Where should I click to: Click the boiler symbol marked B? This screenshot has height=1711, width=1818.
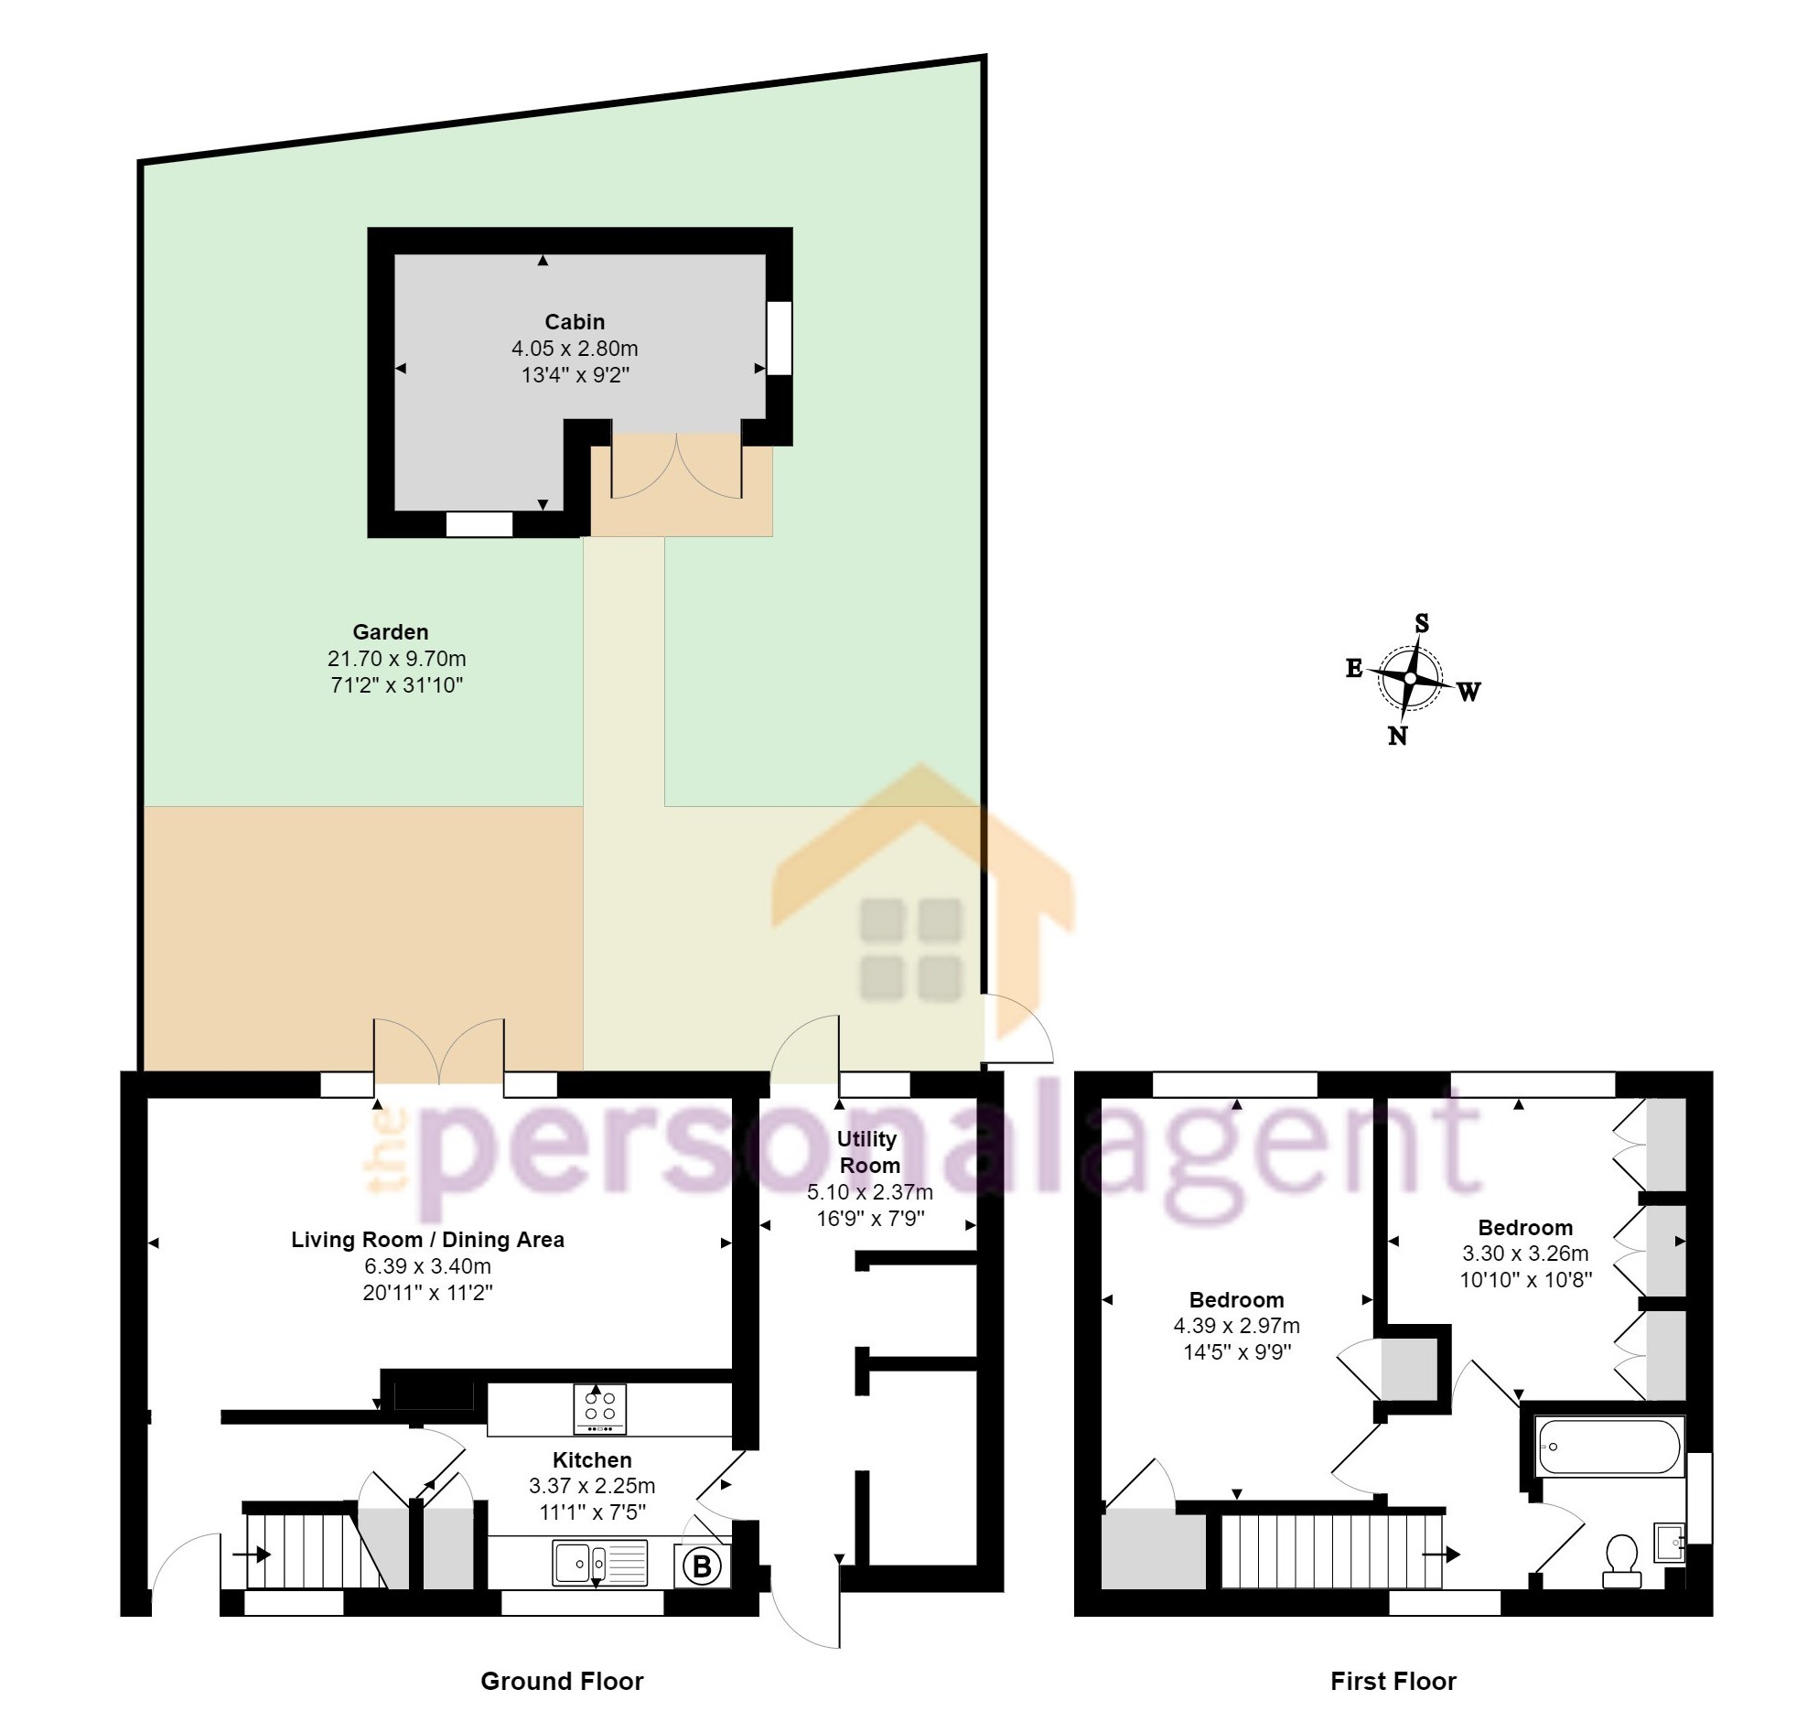tap(703, 1566)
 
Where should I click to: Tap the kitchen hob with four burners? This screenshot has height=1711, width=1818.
tap(600, 1409)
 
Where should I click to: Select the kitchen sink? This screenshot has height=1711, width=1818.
tap(600, 1563)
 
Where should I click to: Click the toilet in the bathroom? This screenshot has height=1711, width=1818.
tap(1621, 1563)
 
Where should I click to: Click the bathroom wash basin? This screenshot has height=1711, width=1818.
tap(1670, 1543)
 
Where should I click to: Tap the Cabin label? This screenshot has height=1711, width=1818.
tap(575, 322)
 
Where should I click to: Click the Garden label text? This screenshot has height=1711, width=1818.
tap(391, 632)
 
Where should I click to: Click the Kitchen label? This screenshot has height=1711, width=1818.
tap(592, 1460)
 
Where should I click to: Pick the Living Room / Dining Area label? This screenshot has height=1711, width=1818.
tap(427, 1240)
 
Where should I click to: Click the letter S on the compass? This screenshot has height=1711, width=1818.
tap(1422, 623)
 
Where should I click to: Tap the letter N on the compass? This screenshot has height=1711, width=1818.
tap(1397, 736)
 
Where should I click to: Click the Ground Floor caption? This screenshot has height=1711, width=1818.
tap(562, 1681)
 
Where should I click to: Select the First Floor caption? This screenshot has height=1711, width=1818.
tap(1393, 1681)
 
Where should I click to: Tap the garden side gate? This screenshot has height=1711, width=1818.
tap(1017, 1028)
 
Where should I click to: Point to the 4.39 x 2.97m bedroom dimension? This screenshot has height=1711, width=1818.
tap(1236, 1325)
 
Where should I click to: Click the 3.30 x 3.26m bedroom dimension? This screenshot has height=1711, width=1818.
tap(1525, 1253)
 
